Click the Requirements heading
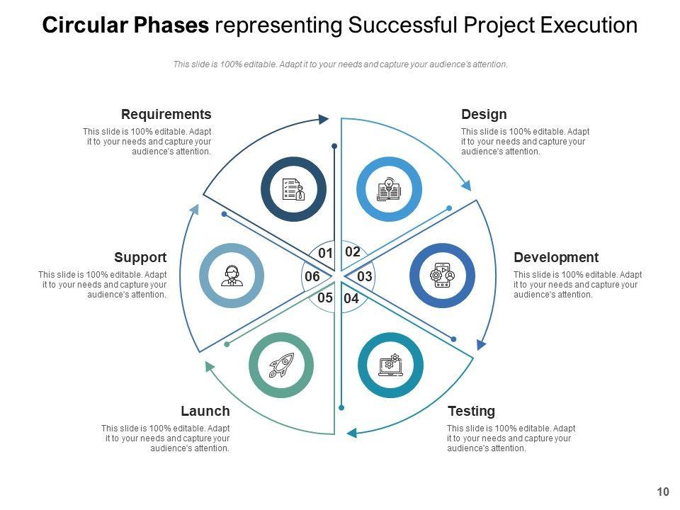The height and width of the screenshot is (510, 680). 166,114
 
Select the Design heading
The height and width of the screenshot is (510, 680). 484,114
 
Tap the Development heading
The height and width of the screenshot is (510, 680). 555,257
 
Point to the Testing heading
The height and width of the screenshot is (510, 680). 471,411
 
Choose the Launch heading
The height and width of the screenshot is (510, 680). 205,411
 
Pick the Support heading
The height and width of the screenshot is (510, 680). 140,257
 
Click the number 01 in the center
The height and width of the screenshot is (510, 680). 325,253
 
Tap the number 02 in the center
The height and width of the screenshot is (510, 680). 353,251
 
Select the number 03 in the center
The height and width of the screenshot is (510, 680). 365,276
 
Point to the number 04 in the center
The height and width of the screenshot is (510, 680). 351,299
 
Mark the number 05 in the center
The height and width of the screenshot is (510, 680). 325,297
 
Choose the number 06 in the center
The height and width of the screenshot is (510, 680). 312,276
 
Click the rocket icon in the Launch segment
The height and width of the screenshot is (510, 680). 281,365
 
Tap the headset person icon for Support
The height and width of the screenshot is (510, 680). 232,276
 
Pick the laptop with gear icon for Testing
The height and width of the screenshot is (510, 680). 390,365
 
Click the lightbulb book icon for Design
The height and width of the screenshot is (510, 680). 389,189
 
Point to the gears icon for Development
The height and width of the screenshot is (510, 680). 442,276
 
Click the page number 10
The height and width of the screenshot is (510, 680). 663,492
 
